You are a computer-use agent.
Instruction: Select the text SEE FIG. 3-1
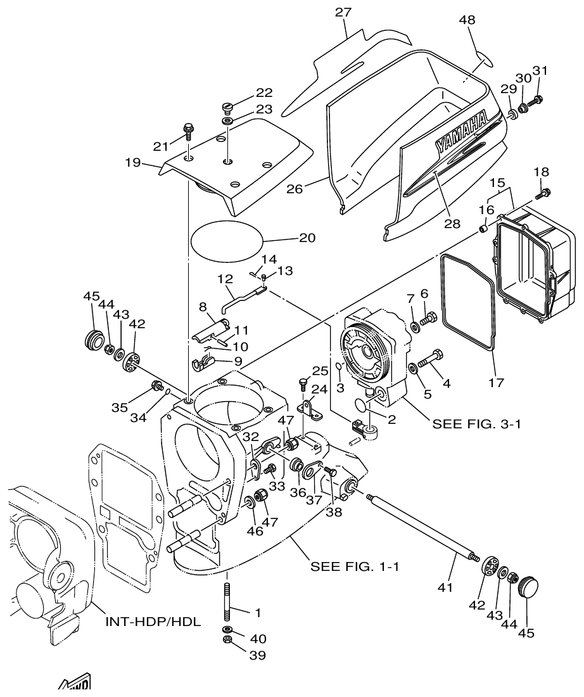point(476,424)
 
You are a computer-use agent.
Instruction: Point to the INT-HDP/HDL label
point(153,622)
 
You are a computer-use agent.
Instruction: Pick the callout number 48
point(467,20)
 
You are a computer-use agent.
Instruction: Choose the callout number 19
point(132,162)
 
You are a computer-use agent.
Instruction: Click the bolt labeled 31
point(538,99)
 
